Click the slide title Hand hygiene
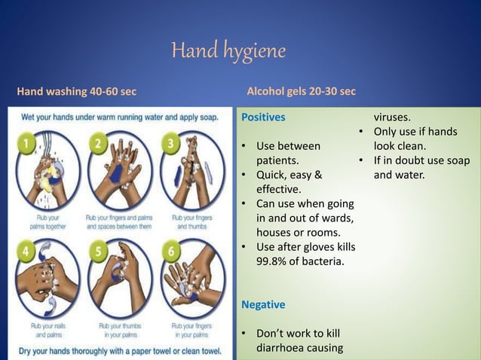(x=228, y=52)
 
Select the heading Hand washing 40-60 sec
(x=76, y=93)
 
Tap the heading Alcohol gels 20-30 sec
(x=302, y=93)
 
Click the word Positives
(x=262, y=117)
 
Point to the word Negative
(x=262, y=305)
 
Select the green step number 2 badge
(x=98, y=143)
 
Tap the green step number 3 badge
(x=172, y=143)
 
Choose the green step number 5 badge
(x=98, y=249)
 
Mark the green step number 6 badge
(x=172, y=249)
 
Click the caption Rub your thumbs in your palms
(x=118, y=330)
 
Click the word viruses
(x=393, y=117)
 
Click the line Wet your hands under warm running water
(x=121, y=118)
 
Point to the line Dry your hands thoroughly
(x=121, y=349)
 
